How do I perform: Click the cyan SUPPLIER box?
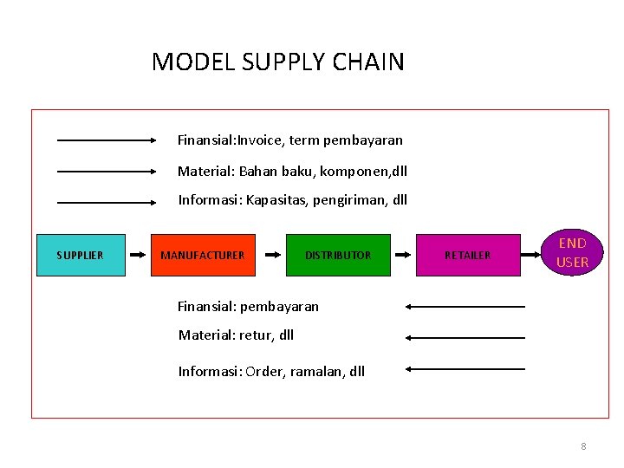coord(81,255)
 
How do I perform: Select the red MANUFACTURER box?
coord(204,255)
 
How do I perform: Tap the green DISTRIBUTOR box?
coord(338,255)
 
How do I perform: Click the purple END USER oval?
coord(572,252)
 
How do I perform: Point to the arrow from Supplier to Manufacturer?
coord(139,255)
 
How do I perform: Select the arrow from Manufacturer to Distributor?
coord(272,255)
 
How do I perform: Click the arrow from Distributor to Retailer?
coord(404,255)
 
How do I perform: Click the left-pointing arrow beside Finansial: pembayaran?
coord(465,306)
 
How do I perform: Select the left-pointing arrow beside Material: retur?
coord(465,337)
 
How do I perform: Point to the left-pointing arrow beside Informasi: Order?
coord(465,368)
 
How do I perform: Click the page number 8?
coord(583,446)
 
